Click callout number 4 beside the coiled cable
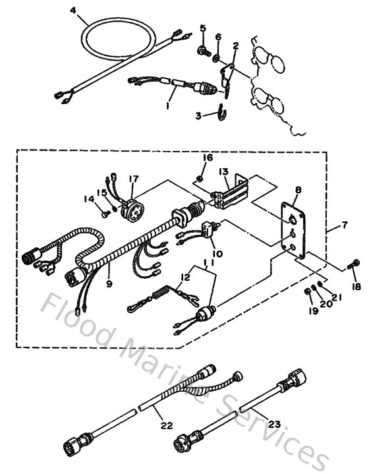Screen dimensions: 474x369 point(73,11)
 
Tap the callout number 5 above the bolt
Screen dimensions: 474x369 point(203,28)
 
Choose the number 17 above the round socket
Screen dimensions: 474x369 point(134,179)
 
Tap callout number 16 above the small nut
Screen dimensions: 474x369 point(208,158)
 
